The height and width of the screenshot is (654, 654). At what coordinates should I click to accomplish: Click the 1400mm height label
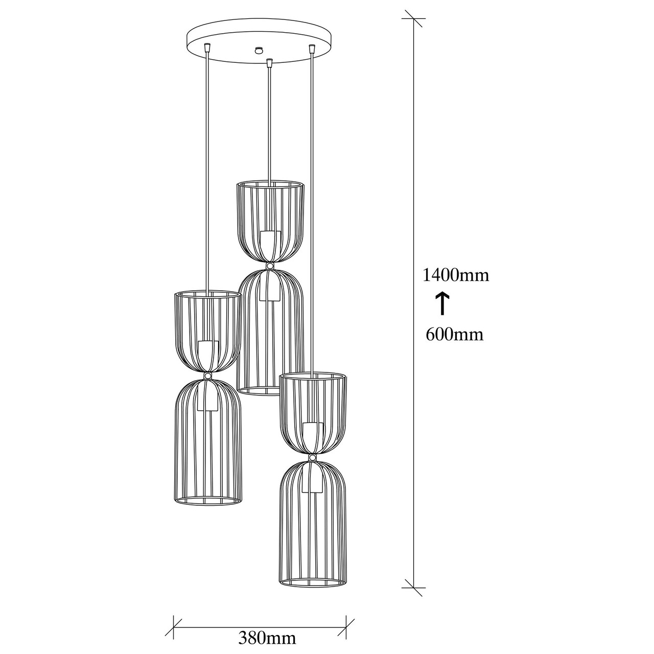point(455,275)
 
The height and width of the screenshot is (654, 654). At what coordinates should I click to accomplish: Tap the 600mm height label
point(454,334)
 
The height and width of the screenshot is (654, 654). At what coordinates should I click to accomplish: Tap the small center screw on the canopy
point(260,50)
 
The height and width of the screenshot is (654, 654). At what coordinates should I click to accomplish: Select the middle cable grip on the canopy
point(270,63)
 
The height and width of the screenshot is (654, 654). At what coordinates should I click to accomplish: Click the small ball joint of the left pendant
point(207,376)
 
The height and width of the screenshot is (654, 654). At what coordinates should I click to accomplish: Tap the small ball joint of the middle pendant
point(270,266)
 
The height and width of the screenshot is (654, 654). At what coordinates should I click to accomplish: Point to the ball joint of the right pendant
point(312,457)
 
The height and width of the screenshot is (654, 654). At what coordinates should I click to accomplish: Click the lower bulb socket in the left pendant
point(208,396)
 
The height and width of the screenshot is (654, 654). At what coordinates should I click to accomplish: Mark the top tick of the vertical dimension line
point(413,18)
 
